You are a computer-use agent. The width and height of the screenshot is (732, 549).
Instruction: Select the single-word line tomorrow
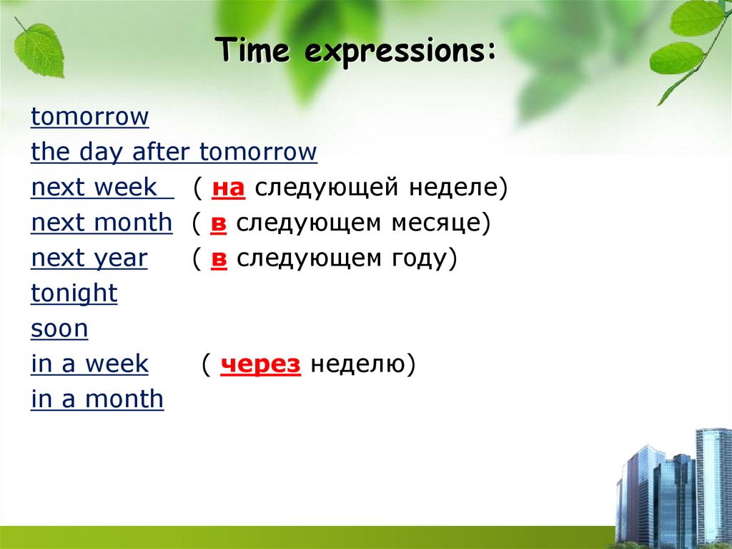click(x=90, y=117)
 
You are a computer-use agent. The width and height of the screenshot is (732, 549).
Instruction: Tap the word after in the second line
click(x=164, y=152)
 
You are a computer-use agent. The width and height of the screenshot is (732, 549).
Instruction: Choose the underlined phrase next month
click(x=102, y=223)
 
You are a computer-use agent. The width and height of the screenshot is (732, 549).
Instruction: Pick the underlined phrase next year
click(x=89, y=258)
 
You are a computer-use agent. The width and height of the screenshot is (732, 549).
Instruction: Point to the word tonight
click(x=74, y=293)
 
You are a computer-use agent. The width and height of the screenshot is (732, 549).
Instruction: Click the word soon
click(x=60, y=329)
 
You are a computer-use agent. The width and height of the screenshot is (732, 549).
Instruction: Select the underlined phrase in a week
click(x=90, y=364)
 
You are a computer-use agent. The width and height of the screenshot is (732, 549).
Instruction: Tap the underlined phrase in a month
click(x=97, y=399)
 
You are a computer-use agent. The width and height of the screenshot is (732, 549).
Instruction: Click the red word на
click(x=229, y=188)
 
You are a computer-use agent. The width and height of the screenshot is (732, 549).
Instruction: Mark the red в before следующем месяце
click(x=219, y=223)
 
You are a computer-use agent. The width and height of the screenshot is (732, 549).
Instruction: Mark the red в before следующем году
click(x=219, y=258)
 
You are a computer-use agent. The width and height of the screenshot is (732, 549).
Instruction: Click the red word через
click(x=260, y=364)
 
